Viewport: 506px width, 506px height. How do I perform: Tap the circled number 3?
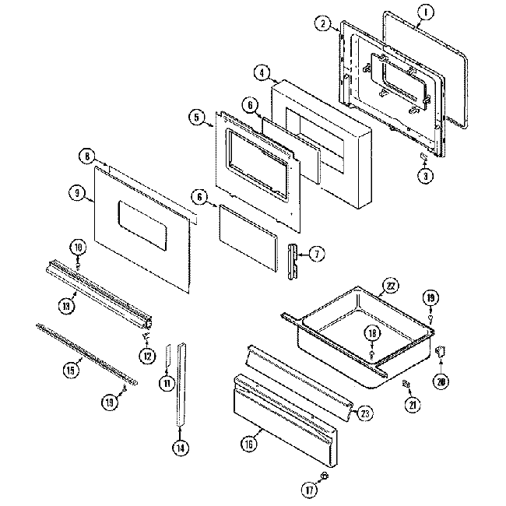coord(425,176)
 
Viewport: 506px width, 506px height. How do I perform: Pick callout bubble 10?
coord(77,248)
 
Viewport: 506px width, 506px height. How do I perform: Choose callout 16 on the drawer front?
coord(248,445)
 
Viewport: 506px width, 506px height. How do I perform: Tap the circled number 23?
coord(364,413)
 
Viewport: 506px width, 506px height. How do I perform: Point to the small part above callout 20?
coord(441,353)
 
